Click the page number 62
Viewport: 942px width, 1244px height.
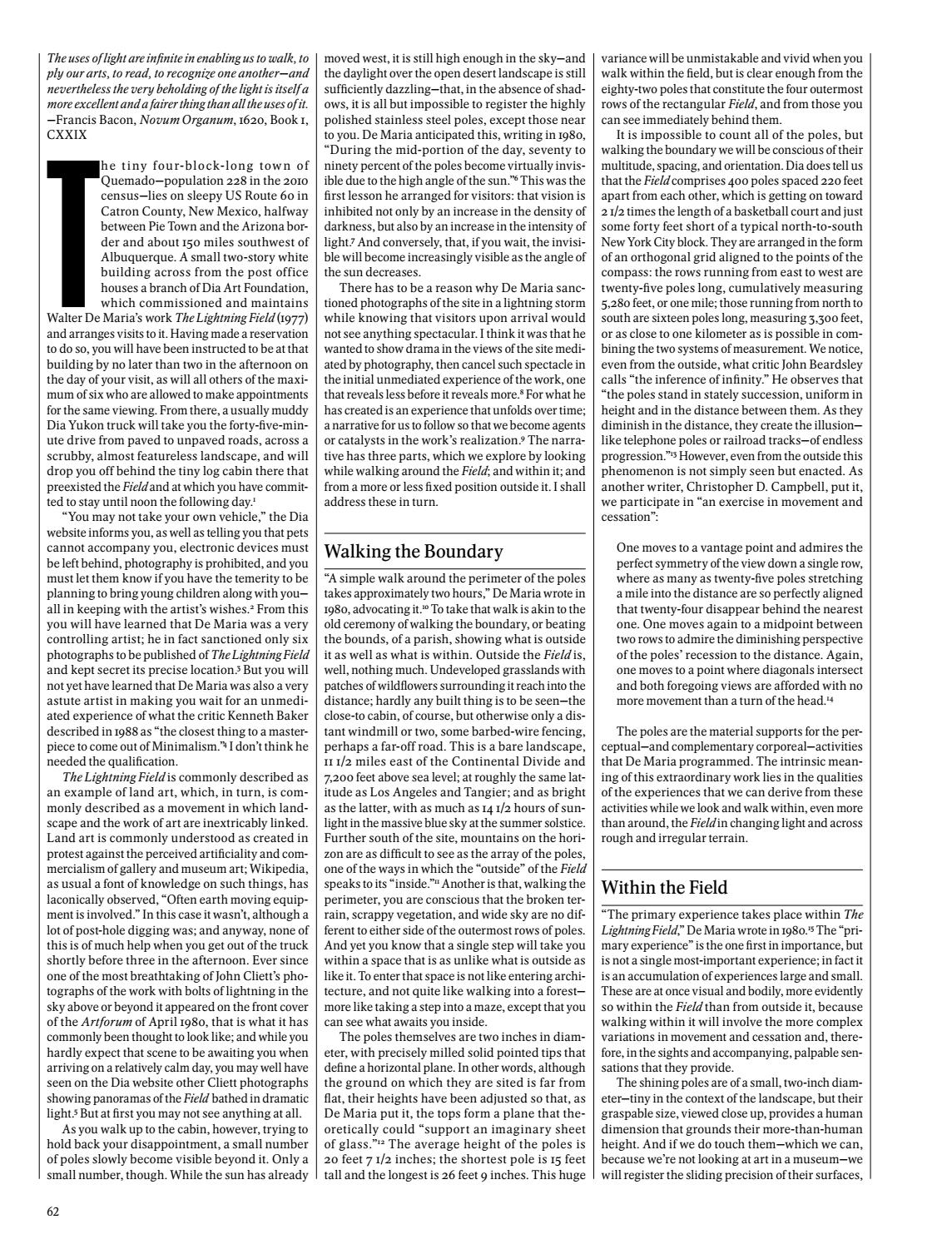click(x=53, y=1212)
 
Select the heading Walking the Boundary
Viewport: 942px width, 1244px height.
click(x=413, y=552)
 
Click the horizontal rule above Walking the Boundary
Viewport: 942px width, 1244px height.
click(x=454, y=533)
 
